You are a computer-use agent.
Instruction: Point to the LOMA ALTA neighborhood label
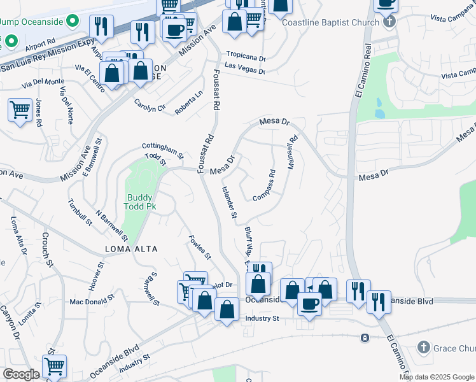click(132, 248)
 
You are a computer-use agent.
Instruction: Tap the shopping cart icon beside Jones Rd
click(20, 110)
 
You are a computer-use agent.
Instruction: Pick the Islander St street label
click(228, 202)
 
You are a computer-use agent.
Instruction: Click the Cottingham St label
click(162, 150)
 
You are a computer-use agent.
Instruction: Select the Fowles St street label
click(200, 247)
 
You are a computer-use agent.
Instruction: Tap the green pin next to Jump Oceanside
click(73, 22)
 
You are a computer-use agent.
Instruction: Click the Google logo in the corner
click(20, 374)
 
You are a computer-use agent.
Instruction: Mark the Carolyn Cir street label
click(150, 105)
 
